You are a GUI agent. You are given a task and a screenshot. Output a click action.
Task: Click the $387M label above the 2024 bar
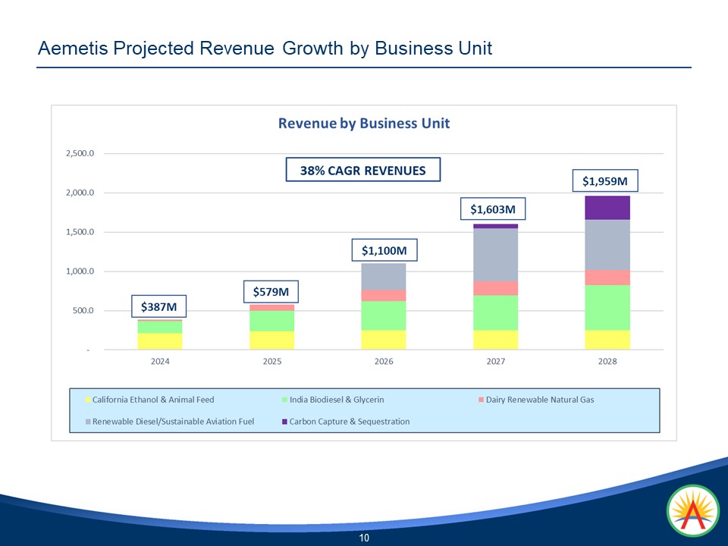(159, 306)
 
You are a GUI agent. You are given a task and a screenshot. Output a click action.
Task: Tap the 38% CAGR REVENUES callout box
(362, 171)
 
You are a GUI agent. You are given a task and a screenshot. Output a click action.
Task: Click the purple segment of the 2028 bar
(607, 208)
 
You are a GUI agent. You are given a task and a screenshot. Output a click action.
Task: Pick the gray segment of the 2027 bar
(495, 255)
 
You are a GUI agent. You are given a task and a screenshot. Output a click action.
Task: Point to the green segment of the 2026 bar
(384, 315)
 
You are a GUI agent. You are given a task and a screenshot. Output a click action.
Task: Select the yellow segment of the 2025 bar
(271, 340)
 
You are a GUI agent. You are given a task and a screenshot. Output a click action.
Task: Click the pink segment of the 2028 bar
(607, 278)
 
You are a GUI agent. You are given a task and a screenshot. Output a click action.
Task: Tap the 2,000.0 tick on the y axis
(80, 193)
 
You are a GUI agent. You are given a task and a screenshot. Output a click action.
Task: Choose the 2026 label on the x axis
(384, 362)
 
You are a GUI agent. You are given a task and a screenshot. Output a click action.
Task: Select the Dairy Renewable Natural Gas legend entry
(539, 400)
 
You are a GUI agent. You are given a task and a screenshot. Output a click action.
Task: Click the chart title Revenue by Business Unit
(364, 123)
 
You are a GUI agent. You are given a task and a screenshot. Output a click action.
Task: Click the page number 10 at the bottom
(364, 538)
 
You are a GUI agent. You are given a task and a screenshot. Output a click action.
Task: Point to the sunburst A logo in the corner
(693, 511)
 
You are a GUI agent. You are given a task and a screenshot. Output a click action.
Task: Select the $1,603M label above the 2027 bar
(494, 209)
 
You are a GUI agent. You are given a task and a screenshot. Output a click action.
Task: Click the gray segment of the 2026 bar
(384, 276)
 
